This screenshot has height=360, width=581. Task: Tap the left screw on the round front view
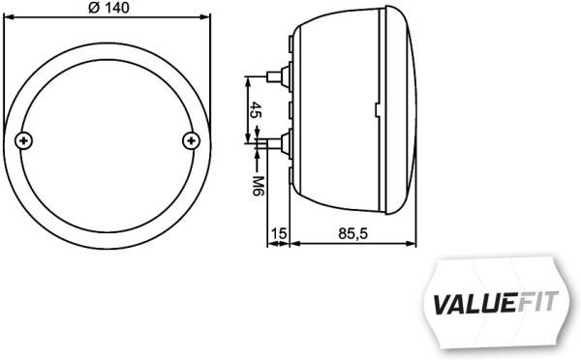[24, 141]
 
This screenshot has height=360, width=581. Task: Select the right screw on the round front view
[191, 141]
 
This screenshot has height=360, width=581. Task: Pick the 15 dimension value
[279, 233]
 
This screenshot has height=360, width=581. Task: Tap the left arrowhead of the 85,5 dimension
[294, 244]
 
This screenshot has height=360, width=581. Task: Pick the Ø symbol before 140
[93, 9]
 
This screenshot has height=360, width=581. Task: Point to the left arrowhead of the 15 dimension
[271, 244]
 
